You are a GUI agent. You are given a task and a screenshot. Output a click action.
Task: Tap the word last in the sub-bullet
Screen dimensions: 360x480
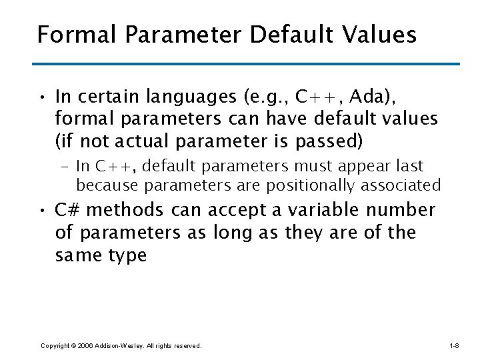click(x=409, y=166)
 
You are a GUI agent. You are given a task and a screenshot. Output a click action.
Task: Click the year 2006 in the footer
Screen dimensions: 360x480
click(x=84, y=346)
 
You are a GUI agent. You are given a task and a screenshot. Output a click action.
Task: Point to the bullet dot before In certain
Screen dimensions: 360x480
click(x=42, y=99)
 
